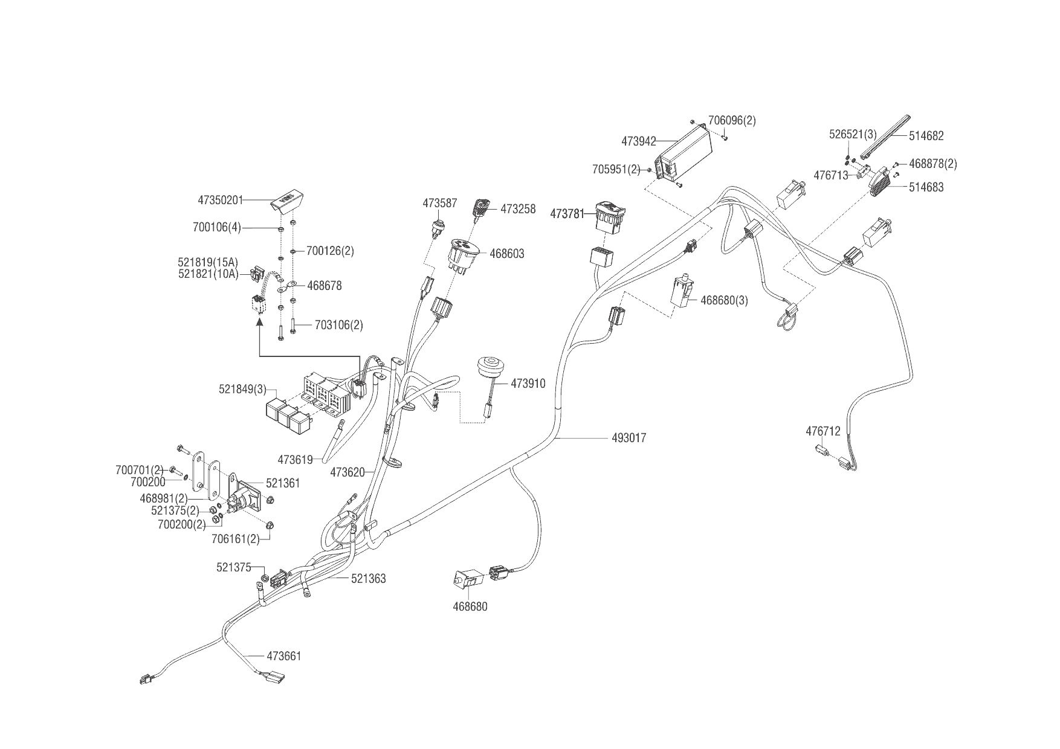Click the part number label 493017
[x=629, y=438]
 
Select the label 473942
[x=638, y=141]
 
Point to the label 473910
[x=528, y=384]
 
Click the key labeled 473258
[x=481, y=209]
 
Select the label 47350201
[x=220, y=199]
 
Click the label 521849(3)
[x=242, y=389]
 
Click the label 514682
[x=926, y=136]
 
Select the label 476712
[x=822, y=431]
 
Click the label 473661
[x=283, y=656]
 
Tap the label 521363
[x=368, y=579]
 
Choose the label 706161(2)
[x=235, y=539]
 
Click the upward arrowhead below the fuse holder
[x=260, y=324]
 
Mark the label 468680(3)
[x=724, y=300]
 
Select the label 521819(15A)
[x=208, y=263]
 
